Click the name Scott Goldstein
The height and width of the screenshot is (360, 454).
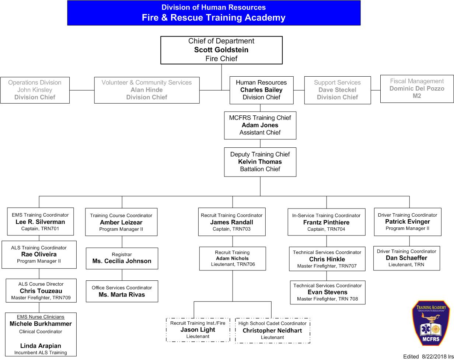pos(221,50)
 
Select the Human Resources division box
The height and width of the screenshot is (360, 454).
pos(261,90)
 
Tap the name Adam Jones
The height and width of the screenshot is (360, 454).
pos(260,125)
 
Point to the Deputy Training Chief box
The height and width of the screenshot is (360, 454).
pos(260,162)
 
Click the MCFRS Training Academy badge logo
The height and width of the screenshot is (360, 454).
pos(430,323)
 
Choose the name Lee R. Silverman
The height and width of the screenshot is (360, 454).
pos(40,222)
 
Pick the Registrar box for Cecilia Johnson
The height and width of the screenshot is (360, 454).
pos(122,258)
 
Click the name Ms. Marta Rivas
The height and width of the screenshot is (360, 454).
pos(122,295)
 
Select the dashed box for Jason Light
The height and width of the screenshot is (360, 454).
pos(198,330)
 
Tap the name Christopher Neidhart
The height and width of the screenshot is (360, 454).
pos(272,331)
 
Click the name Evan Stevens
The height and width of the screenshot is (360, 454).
pos(327,292)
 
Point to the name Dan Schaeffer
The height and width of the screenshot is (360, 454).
pos(406,258)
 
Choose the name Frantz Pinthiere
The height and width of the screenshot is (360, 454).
pos(326,222)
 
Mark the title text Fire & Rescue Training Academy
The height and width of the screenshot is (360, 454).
pos(213,18)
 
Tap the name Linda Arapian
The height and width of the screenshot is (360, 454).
pos(41,346)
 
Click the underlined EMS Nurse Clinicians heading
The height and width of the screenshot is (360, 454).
pos(41,317)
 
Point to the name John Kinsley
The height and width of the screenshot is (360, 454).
pos(35,90)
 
